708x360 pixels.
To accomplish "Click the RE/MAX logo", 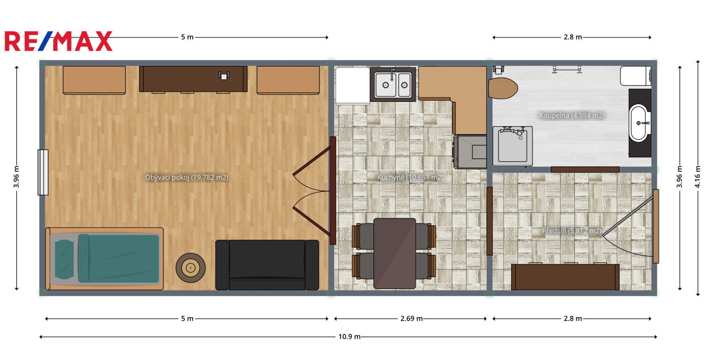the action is point(58,41).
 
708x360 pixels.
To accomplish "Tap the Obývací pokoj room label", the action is point(186,178).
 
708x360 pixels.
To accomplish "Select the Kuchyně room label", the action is point(410,178).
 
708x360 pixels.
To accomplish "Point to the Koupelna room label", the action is point(572,116).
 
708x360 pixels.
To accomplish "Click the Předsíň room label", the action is point(572,231).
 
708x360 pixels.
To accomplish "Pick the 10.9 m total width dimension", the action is point(349,337).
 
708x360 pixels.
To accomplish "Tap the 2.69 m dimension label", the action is point(411,318).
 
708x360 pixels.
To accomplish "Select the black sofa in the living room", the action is point(267,265).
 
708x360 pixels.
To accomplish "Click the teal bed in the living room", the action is point(104,259).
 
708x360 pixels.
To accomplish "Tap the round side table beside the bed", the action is point(191,268).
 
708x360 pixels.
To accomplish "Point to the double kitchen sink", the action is point(393,84).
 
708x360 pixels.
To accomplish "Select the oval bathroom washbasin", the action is point(639,123).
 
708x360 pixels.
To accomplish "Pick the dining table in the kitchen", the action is point(394,253).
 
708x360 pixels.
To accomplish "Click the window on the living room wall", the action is point(43,172).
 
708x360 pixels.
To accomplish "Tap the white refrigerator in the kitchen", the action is point(352,86).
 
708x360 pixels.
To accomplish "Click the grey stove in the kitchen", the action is point(470,152).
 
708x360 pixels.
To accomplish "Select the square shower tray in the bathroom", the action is point(513,146).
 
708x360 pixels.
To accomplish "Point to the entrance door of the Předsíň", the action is point(656,226).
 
